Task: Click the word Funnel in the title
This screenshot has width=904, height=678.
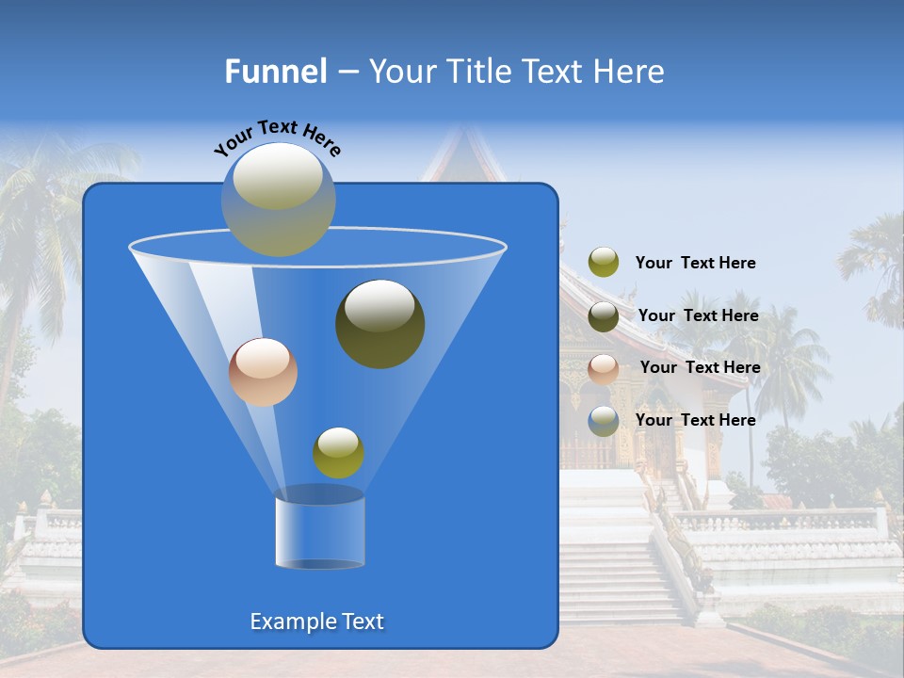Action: (275, 72)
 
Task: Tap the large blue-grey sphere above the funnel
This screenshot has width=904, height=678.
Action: (278, 199)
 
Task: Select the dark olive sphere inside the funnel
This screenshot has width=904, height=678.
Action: (379, 323)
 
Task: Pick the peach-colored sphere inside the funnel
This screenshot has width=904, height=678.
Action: (263, 372)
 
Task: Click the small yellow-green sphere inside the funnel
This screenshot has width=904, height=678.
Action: (338, 452)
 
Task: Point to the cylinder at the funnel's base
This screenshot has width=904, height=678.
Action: (319, 532)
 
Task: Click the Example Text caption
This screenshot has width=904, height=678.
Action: (316, 621)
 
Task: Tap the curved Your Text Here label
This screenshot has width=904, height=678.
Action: (277, 137)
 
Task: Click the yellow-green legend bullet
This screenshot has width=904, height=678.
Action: (604, 263)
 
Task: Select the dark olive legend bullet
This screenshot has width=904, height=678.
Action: (604, 316)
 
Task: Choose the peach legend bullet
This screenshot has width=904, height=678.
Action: (604, 369)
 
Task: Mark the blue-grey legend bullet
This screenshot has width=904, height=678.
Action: (604, 421)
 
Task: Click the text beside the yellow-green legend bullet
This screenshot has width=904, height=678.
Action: (695, 264)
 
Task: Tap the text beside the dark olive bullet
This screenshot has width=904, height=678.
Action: (698, 316)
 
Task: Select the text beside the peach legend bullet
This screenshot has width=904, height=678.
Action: (700, 368)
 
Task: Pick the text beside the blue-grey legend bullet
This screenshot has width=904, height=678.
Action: (695, 420)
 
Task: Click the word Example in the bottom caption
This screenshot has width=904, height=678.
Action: (290, 621)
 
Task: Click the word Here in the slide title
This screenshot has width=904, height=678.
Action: (630, 72)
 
